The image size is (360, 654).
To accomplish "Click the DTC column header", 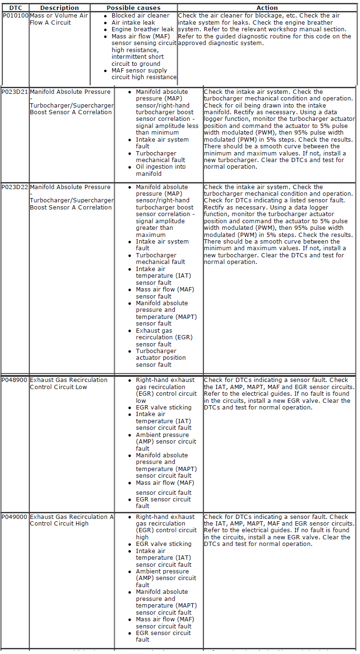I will tap(15, 8).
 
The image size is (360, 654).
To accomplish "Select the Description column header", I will tap(59, 8).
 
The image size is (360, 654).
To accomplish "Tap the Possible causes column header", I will tap(134, 8).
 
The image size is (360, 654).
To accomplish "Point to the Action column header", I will tap(267, 8).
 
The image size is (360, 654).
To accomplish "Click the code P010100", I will tap(15, 16).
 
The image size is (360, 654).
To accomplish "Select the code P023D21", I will tap(15, 92).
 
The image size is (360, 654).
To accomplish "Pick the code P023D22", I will tap(15, 187).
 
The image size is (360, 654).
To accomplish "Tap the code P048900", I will tap(15, 380).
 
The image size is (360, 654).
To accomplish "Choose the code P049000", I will tap(15, 517).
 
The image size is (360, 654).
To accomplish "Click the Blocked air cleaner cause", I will tap(140, 16).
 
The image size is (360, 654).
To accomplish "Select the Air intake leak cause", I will tap(133, 22).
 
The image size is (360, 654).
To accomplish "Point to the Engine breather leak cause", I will tap(143, 29).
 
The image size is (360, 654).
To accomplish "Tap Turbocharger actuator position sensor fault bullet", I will tap(161, 358).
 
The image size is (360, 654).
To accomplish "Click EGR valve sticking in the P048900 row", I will tap(163, 408).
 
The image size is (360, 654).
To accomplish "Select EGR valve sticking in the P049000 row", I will tap(163, 544).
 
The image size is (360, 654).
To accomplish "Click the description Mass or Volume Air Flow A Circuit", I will tap(59, 19).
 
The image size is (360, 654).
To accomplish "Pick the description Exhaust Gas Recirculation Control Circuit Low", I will tap(68, 383).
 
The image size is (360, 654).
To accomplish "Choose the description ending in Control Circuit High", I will tap(72, 520).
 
